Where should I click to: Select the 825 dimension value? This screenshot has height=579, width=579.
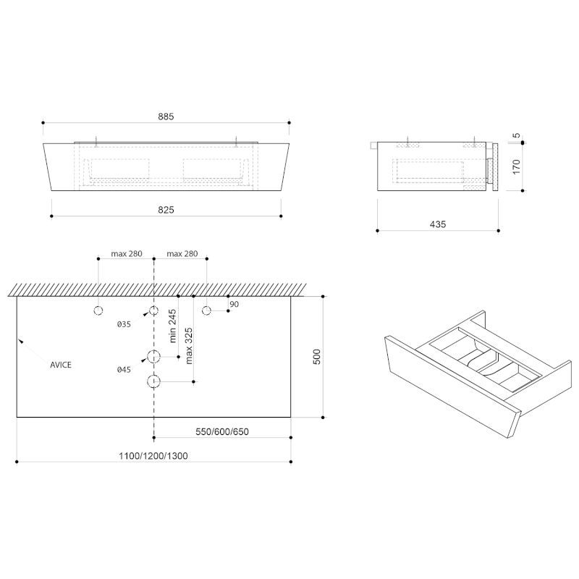tap(166, 209)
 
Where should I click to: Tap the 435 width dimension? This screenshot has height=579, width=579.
tap(437, 224)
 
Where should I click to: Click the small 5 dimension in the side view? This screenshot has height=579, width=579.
tap(516, 135)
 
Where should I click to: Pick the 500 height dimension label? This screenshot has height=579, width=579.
tap(316, 357)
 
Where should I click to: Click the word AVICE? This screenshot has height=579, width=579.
tap(60, 365)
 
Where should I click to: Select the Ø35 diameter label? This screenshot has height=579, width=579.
tap(124, 325)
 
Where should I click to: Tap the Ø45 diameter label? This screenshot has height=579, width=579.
tap(124, 370)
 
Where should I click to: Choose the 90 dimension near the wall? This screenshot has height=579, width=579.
tap(233, 305)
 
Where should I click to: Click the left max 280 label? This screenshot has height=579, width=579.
tap(126, 254)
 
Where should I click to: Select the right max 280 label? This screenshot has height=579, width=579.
tap(182, 254)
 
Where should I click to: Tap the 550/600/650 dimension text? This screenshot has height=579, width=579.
tap(222, 432)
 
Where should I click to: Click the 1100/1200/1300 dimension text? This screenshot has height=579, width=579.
tap(154, 456)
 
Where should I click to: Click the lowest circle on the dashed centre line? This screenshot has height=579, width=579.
tap(153, 381)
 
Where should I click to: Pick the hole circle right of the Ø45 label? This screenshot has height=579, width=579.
tap(153, 356)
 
